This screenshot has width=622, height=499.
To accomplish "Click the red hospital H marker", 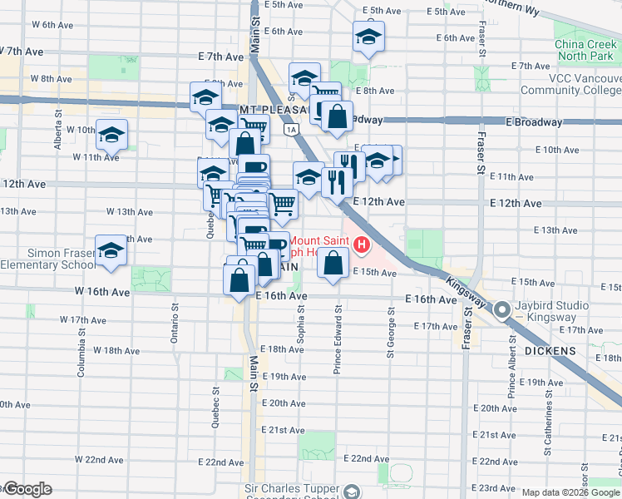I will [362, 245].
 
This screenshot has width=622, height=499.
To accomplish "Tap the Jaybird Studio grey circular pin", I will [502, 311].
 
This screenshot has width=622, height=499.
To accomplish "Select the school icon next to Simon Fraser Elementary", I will [111, 250].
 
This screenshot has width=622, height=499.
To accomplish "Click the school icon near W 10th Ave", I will [111, 135].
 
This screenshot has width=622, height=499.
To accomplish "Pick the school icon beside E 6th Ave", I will [368, 37].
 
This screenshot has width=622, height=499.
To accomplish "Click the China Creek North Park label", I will [587, 51].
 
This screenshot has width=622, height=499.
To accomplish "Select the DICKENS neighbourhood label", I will [550, 352].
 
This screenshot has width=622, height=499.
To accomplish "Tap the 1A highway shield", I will [289, 130].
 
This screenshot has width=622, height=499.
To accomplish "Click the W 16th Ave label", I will [101, 292].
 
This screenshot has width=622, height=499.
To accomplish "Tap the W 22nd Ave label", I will [99, 459].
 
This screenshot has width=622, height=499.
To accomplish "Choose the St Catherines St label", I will [548, 426].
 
